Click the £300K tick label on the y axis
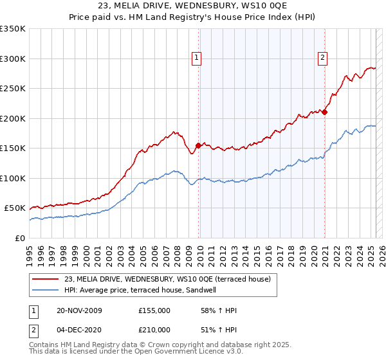(14, 59)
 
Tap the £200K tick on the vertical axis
(14, 118)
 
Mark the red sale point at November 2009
(198, 146)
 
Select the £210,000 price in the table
(154, 329)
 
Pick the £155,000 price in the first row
(154, 310)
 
